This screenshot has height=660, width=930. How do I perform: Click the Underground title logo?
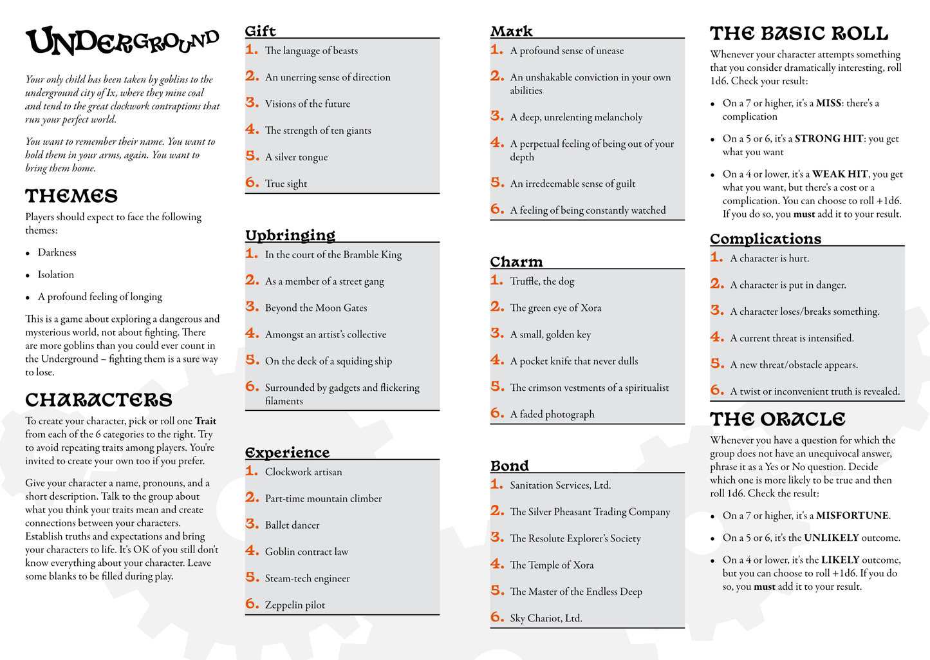tap(122, 42)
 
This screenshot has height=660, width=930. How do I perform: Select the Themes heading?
tap(71, 196)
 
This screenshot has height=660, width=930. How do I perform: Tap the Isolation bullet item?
tap(55, 274)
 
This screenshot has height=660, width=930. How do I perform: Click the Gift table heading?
tap(260, 31)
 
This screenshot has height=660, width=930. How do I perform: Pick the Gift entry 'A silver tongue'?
tap(296, 157)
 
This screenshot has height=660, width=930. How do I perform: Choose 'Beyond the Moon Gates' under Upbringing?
tap(315, 308)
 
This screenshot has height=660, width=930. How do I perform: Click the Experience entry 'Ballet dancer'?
tap(292, 525)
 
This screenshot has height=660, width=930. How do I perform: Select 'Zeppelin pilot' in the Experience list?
tap(295, 605)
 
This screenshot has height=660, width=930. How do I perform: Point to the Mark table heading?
tap(511, 31)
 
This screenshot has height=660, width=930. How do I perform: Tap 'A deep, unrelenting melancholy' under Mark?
tap(576, 117)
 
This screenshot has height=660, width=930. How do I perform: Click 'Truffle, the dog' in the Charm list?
tap(542, 281)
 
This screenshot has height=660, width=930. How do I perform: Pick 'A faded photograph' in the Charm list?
tap(552, 414)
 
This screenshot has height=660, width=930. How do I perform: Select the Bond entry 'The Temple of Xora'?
tap(552, 565)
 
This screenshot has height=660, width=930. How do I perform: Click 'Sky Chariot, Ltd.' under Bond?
tap(546, 618)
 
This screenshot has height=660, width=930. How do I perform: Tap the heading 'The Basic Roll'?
tap(799, 33)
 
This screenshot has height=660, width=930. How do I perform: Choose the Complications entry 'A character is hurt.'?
tap(769, 258)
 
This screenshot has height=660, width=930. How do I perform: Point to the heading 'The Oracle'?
tap(777, 419)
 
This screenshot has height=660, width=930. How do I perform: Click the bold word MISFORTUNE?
tap(852, 516)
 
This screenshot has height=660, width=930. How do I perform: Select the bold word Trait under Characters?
tap(205, 421)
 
